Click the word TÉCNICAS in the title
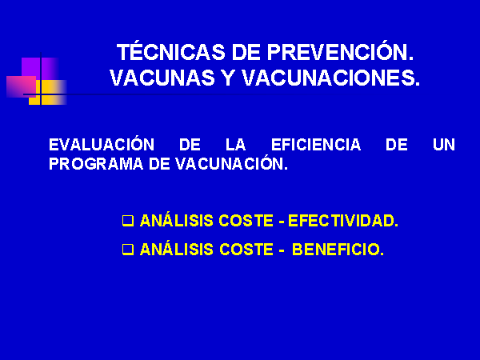tap(170, 51)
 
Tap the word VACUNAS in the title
tap(162, 78)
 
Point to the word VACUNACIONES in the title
tap(331, 78)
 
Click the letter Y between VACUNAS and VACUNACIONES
tap(228, 78)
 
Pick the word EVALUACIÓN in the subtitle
tap(102, 144)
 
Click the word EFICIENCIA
tap(316, 145)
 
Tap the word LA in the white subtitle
tap(236, 145)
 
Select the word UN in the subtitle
tap(444, 145)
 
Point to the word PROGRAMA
tap(96, 164)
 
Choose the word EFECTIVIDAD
tap(343, 221)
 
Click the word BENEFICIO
tap(338, 249)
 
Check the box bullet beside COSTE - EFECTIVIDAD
tap(128, 221)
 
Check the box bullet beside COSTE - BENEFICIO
tap(128, 249)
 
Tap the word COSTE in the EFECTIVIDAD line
tap(246, 221)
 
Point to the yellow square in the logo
tap(48, 93)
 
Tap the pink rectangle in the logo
tap(21, 86)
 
